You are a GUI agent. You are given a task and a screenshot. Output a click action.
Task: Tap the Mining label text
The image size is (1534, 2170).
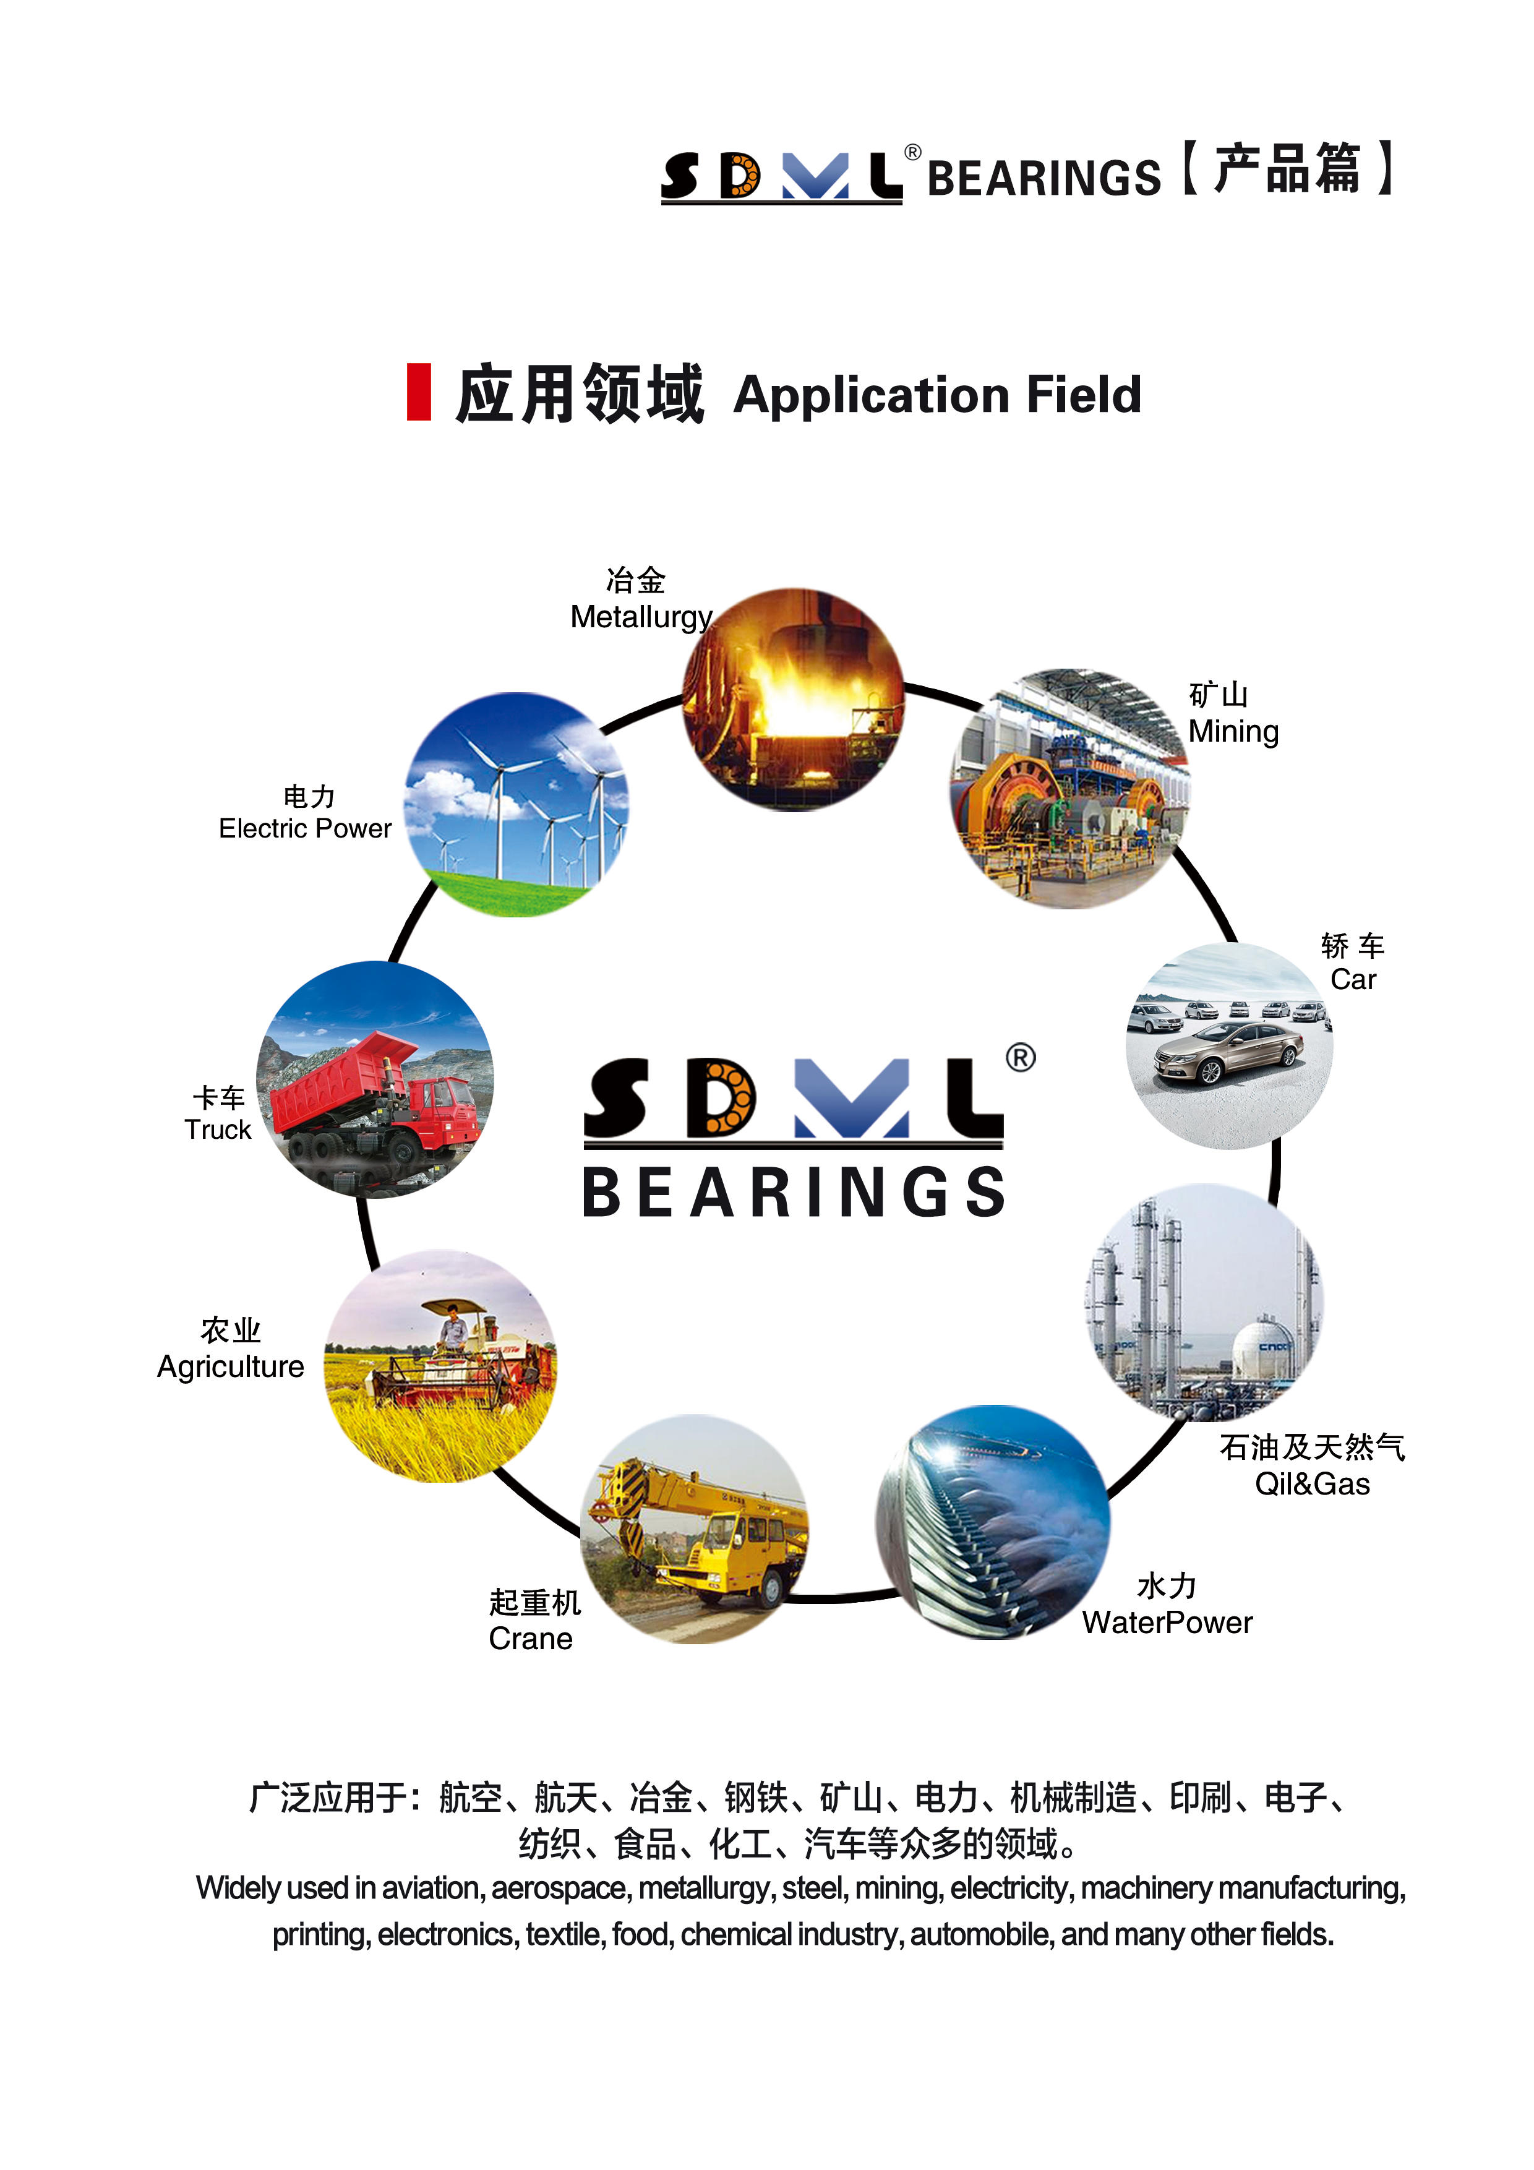[1233, 732]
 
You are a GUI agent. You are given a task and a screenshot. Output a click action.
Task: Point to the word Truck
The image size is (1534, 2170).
[217, 1130]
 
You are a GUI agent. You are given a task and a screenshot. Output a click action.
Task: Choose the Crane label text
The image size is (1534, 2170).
[530, 1639]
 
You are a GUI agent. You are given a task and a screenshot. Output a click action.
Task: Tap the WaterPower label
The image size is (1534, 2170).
[1167, 1623]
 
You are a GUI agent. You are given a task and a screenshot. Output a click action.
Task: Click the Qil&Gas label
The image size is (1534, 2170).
[1312, 1484]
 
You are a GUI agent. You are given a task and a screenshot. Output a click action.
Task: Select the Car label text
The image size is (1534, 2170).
[1353, 980]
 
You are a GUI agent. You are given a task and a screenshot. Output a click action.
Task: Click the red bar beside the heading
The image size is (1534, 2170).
[419, 392]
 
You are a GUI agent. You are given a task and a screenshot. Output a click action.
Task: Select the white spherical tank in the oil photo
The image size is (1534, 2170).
[1264, 1347]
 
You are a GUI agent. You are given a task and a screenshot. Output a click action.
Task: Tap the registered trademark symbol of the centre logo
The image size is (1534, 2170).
[1020, 1057]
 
